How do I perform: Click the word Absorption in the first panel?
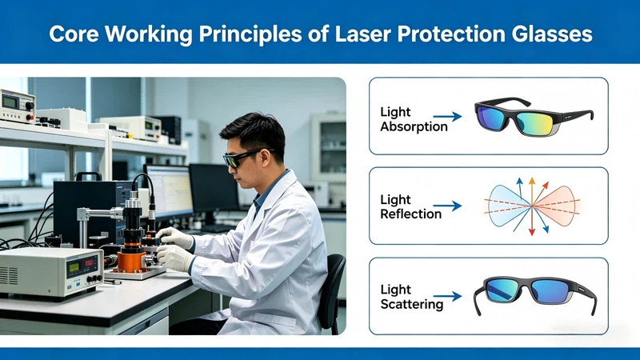(x=414, y=127)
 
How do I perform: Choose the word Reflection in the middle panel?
(x=410, y=214)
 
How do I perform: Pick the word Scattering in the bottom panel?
(x=411, y=303)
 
